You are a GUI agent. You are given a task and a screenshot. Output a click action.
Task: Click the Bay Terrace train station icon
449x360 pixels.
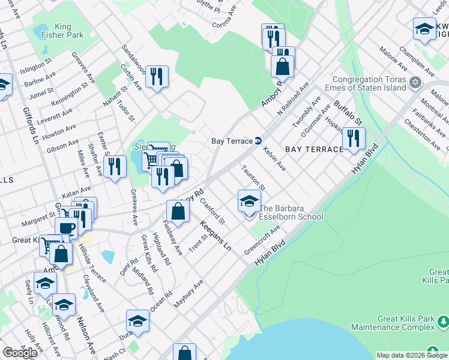click(x=258, y=141)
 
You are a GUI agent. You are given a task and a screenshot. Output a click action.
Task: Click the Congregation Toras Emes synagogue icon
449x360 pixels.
click(x=414, y=81)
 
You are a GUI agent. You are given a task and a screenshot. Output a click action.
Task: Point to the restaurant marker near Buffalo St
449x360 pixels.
click(x=354, y=139)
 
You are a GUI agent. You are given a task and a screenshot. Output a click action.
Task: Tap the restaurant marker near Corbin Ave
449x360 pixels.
click(x=157, y=76)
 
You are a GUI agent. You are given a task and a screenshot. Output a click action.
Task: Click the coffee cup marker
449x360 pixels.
click(x=66, y=228)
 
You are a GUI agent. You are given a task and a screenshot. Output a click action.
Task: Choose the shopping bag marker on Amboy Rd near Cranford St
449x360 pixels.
click(x=178, y=211)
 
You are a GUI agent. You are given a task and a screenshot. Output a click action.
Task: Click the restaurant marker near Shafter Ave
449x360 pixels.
click(x=115, y=166)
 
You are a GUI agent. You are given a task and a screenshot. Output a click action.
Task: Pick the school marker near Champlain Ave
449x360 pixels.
click(x=424, y=28)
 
